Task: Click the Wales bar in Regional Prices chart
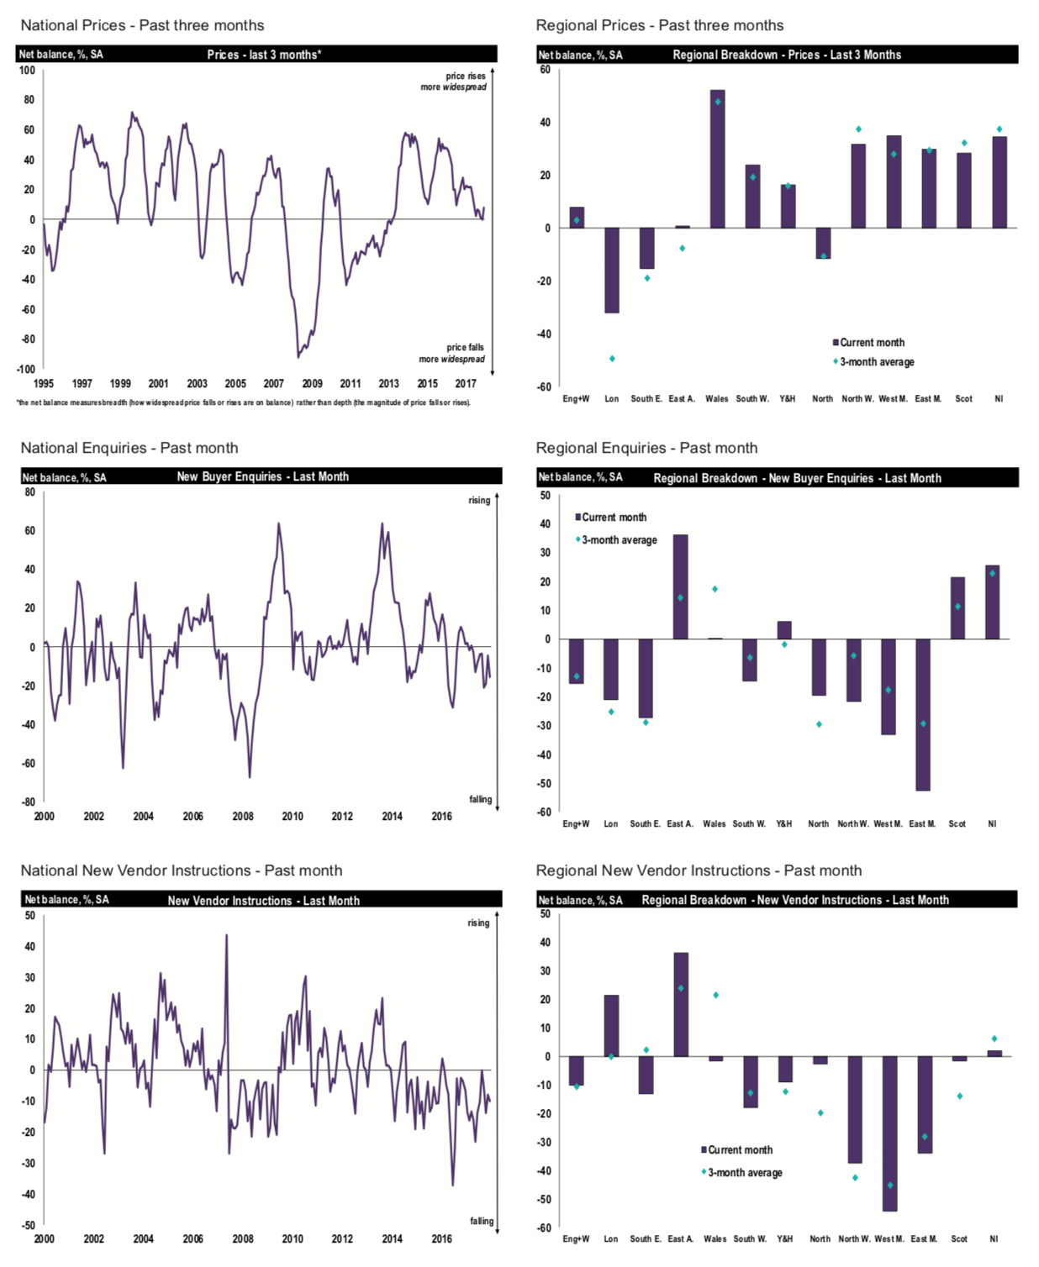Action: [x=717, y=160]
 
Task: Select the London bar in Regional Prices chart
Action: [x=611, y=271]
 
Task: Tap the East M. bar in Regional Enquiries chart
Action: [x=922, y=714]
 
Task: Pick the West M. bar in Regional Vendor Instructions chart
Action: [x=889, y=1133]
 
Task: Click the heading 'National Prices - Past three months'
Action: [x=142, y=25]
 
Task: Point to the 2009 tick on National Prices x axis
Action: [x=312, y=384]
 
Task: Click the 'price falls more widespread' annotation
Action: [x=452, y=354]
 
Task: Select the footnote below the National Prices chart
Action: [x=244, y=403]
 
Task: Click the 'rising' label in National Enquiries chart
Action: [x=479, y=501]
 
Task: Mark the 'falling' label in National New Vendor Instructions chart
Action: [x=482, y=1222]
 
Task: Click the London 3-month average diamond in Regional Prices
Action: [x=612, y=359]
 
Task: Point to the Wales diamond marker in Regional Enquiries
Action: [x=715, y=589]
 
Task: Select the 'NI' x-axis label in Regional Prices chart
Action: [x=999, y=399]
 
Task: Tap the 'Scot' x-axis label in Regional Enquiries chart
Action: [x=957, y=824]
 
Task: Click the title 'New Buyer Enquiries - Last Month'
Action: [x=262, y=476]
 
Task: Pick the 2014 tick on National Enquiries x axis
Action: [x=392, y=817]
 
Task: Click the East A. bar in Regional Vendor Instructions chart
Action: [x=681, y=1005]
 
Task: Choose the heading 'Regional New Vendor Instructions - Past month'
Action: [x=699, y=870]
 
